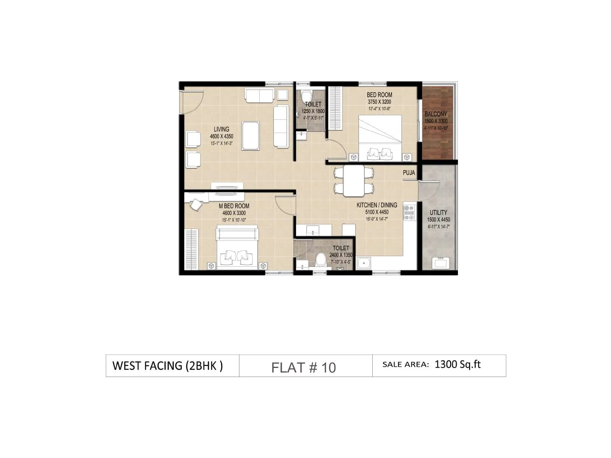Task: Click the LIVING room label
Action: click(x=221, y=129)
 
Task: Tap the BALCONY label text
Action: click(x=436, y=114)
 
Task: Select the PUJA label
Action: click(x=409, y=173)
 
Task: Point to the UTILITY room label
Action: click(x=438, y=213)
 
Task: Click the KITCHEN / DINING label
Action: click(x=377, y=205)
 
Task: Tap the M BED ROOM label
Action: click(x=234, y=206)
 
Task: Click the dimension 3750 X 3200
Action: click(x=379, y=102)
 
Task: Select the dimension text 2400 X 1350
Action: click(x=341, y=255)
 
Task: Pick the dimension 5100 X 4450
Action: click(x=377, y=212)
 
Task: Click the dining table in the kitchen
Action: click(x=354, y=181)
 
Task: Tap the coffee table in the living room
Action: click(x=251, y=135)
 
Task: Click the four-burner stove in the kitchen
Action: click(x=409, y=213)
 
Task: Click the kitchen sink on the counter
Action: click(x=364, y=263)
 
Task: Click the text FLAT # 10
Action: click(x=304, y=368)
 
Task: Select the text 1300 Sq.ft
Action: click(x=457, y=364)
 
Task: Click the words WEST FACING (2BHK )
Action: click(x=168, y=366)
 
